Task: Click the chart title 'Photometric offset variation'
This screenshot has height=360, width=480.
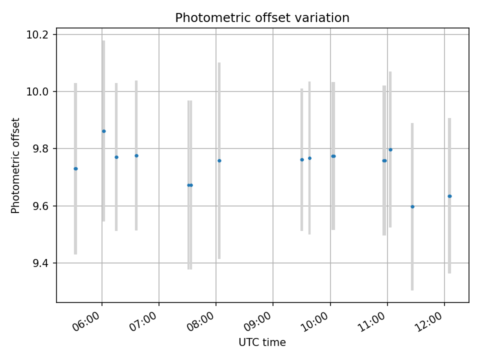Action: pyautogui.click(x=262, y=18)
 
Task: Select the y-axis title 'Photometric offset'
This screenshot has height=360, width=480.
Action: pyautogui.click(x=16, y=165)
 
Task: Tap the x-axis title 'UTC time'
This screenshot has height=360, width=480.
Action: pyautogui.click(x=262, y=342)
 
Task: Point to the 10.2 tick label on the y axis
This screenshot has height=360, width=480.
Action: pyautogui.click(x=38, y=34)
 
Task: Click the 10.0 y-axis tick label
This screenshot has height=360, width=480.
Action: pyautogui.click(x=38, y=91)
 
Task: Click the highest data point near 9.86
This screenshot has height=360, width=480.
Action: pyautogui.click(x=103, y=131)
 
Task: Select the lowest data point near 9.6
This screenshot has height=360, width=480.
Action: pyautogui.click(x=412, y=206)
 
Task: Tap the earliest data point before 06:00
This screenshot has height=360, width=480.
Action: pyautogui.click(x=75, y=168)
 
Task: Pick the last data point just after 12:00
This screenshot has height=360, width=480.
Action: pyautogui.click(x=449, y=196)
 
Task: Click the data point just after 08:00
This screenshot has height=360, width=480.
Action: pyautogui.click(x=219, y=160)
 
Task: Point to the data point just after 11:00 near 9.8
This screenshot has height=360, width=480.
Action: pyautogui.click(x=390, y=149)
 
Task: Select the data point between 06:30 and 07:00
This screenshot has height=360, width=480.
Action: pyautogui.click(x=136, y=155)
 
